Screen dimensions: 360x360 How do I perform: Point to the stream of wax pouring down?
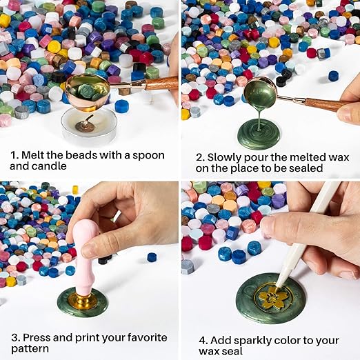259,119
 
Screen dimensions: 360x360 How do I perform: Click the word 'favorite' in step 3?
147,338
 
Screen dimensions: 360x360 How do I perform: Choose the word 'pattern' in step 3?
30,349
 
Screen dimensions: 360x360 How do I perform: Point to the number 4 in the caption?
203,341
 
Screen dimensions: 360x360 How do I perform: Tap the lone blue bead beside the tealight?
122,106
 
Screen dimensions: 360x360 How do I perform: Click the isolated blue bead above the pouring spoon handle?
333,76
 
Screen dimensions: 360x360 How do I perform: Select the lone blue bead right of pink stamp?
152,257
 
